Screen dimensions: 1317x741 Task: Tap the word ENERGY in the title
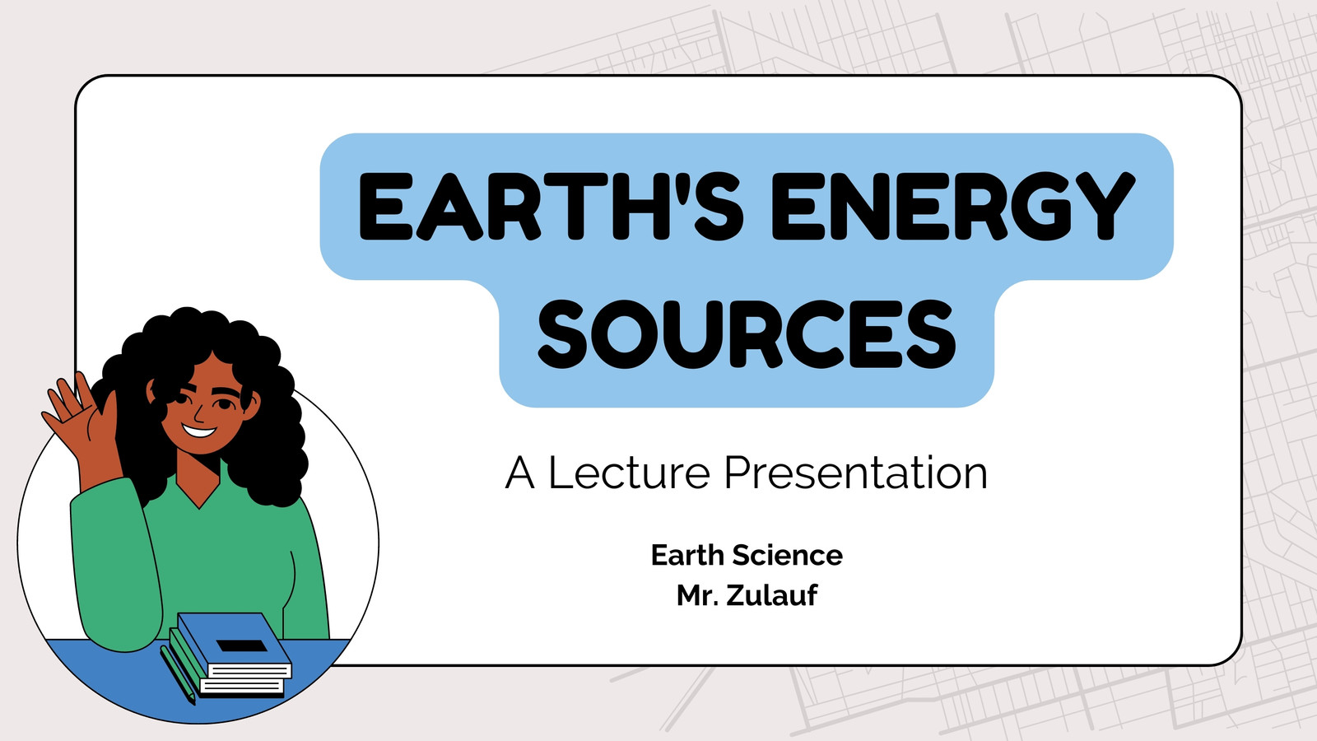click(953, 206)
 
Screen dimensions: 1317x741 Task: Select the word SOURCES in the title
click(747, 334)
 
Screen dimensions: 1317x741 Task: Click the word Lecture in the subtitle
click(629, 473)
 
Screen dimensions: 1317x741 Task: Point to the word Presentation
click(855, 473)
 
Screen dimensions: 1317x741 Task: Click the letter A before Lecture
click(519, 473)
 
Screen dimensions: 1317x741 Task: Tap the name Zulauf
click(771, 595)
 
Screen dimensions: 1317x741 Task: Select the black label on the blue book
click(242, 645)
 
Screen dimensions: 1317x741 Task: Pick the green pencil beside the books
click(177, 675)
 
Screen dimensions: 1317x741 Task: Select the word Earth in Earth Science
click(687, 555)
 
